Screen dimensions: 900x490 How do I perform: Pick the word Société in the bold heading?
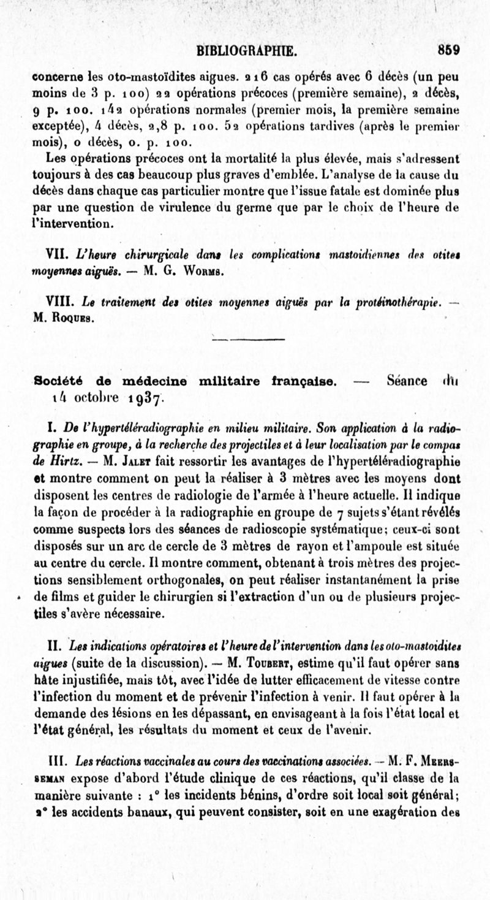pos(59,381)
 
